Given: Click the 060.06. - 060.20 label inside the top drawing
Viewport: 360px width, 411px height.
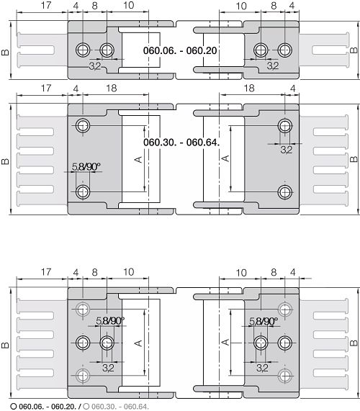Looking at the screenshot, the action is [180, 50].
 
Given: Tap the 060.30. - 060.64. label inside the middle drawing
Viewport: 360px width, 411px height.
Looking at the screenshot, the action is [181, 143].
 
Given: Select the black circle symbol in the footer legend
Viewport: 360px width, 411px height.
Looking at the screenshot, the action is [14, 407].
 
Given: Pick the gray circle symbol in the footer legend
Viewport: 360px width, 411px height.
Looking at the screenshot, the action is [86, 407].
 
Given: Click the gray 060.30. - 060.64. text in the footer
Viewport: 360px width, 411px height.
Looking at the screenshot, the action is [120, 407].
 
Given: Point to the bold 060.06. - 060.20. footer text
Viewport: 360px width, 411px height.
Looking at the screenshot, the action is [48, 407].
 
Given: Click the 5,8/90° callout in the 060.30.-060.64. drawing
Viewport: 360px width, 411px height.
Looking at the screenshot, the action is [86, 166].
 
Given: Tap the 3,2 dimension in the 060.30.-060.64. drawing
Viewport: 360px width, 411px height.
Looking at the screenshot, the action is [287, 150].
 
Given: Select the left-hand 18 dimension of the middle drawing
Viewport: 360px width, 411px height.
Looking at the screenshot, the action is [111, 89].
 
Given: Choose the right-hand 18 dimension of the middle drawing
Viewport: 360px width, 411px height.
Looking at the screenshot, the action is [249, 89].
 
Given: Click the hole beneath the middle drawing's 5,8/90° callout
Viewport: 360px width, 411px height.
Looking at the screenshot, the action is [83, 192].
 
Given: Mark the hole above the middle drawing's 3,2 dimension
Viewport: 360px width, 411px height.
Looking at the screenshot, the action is [285, 126].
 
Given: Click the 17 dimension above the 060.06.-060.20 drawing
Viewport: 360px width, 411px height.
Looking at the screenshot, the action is [46, 6].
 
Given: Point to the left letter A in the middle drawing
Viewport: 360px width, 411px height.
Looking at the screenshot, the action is [138, 159].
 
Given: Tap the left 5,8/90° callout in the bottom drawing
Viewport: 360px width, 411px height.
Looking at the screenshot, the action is [110, 320].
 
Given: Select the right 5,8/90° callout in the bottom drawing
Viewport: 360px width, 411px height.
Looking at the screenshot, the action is [264, 320].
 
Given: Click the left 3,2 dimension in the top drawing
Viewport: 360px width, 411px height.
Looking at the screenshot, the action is [95, 66].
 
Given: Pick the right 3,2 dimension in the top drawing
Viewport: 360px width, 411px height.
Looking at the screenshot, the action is [273, 66].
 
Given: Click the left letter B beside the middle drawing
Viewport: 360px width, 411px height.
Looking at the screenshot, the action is [5, 161].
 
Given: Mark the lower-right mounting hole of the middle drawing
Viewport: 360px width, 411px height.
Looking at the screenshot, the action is [285, 192].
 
